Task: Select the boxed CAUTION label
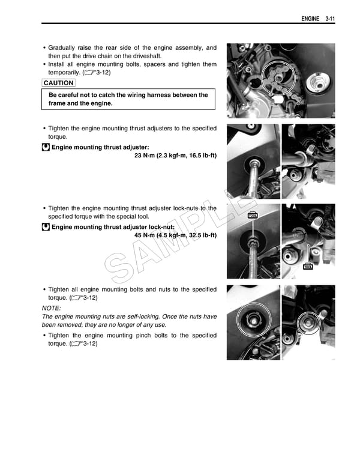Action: tap(59, 83)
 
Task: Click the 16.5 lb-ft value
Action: tap(202, 156)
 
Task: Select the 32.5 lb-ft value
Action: tap(202, 235)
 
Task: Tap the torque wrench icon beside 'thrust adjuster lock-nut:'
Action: tap(46, 227)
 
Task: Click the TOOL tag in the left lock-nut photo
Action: tap(253, 215)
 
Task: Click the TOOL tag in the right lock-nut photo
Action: tap(308, 266)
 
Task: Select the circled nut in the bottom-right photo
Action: tap(310, 322)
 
